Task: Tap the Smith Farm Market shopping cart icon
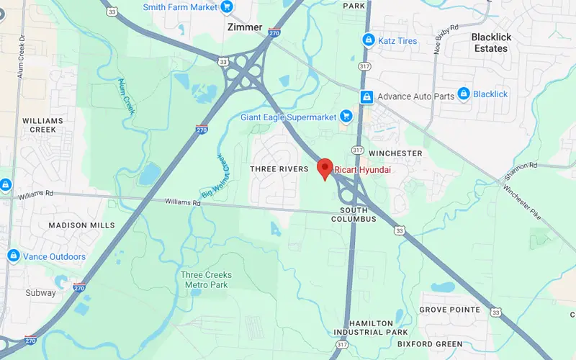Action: point(228,7)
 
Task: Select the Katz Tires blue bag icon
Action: point(368,40)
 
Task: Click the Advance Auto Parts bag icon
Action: point(366,96)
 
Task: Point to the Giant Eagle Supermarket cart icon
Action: point(346,115)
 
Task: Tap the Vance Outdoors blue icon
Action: point(13,256)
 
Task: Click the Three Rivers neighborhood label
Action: point(279,168)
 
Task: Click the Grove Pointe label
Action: point(450,310)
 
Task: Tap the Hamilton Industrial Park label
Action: point(372,328)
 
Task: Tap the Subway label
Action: point(40,293)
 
